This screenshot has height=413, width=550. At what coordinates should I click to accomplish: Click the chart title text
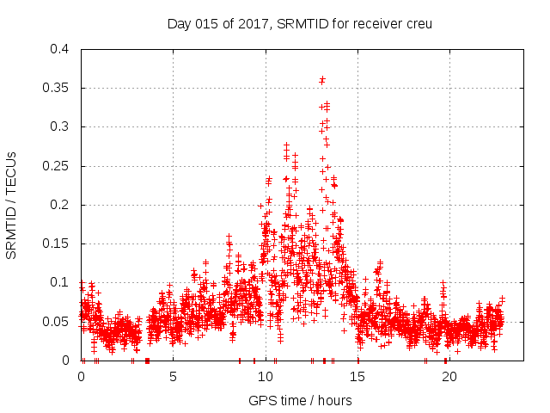299,23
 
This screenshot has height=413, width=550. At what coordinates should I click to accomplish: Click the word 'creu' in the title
418,23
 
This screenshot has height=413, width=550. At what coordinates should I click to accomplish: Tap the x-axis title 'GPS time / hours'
300,400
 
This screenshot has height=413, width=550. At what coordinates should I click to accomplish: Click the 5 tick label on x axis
173,376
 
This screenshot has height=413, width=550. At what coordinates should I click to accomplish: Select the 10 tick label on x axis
266,376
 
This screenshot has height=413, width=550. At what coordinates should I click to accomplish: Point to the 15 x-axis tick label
357,376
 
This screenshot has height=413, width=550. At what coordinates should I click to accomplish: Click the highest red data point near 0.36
322,80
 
